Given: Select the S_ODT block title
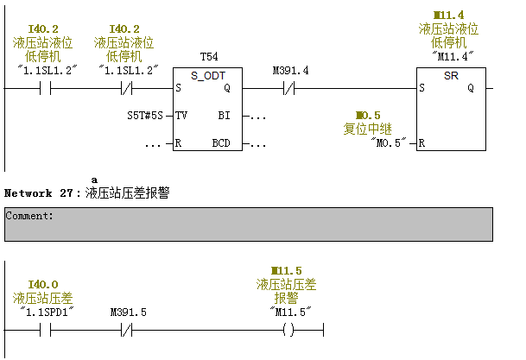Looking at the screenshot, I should (x=207, y=76).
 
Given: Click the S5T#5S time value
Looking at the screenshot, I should (x=144, y=115).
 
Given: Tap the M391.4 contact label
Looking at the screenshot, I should (x=290, y=70).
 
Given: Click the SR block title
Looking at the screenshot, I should (x=450, y=76).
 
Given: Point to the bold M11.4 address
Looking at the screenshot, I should (x=449, y=16).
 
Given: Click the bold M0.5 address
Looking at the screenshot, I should (x=368, y=115).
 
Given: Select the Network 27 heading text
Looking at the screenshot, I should (x=42, y=193).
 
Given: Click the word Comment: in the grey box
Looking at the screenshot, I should (x=29, y=216).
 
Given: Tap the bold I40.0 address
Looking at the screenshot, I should (x=43, y=284).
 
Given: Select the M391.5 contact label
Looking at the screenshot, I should (x=129, y=312).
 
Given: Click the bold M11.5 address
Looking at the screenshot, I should (x=286, y=271).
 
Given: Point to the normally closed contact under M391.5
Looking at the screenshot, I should (x=128, y=329).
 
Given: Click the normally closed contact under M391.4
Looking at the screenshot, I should (x=290, y=88).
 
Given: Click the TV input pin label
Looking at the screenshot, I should (x=181, y=115).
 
